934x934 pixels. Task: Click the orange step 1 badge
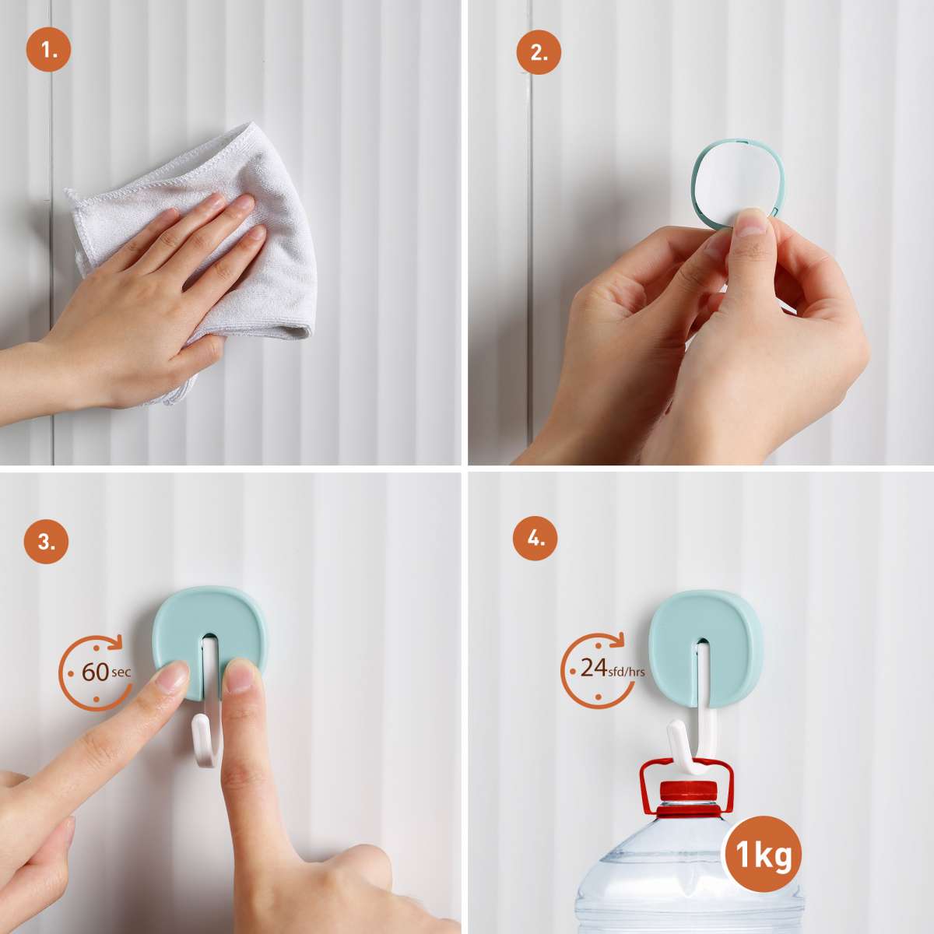(x=48, y=49)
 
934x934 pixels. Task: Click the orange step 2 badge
(x=539, y=52)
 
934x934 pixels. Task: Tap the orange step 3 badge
(x=46, y=542)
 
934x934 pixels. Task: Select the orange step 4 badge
(x=535, y=539)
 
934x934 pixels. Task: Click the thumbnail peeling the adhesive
(x=751, y=222)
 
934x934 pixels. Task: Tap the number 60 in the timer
(x=95, y=672)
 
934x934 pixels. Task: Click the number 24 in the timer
(x=594, y=668)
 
